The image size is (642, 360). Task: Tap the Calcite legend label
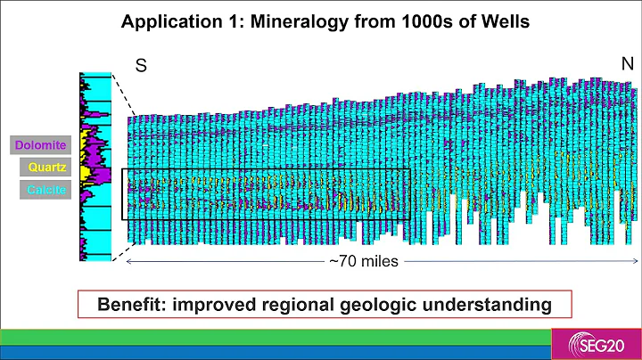tap(40, 190)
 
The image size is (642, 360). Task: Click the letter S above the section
tap(141, 65)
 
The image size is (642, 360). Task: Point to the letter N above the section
tap(627, 63)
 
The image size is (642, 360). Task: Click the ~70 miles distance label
tap(363, 262)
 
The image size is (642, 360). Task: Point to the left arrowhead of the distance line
tap(130, 262)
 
